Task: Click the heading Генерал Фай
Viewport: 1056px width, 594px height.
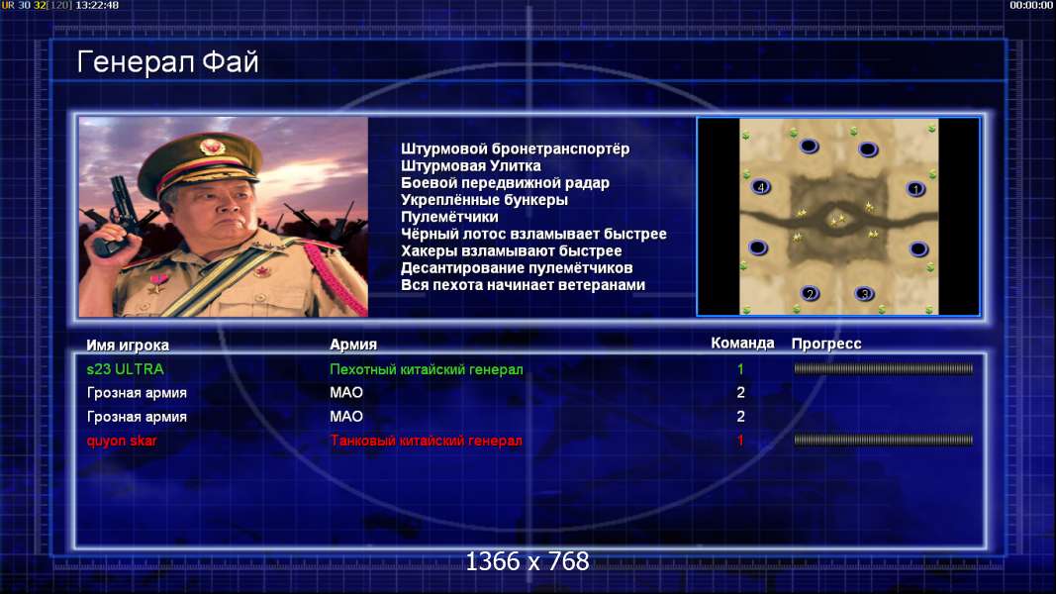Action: point(167,62)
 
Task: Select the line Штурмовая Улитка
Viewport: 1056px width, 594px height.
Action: point(471,165)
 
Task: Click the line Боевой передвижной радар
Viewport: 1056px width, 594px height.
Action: point(505,183)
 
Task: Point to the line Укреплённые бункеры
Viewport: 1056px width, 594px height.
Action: point(484,200)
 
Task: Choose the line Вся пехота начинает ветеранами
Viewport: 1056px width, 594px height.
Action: point(524,285)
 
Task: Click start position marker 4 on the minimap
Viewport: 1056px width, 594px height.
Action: point(761,187)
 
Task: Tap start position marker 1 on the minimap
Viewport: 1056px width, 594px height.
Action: point(915,189)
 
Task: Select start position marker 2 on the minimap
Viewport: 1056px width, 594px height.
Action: point(810,293)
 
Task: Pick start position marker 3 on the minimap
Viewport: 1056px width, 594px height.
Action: point(864,294)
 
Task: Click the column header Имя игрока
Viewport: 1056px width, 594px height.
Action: point(128,345)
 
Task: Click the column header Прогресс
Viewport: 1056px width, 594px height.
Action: point(826,344)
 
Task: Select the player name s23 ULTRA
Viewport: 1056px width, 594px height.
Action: point(126,369)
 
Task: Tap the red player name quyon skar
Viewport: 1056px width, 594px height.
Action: point(121,441)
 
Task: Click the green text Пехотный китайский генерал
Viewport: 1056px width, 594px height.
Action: point(427,369)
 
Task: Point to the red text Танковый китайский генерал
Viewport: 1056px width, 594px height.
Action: point(426,441)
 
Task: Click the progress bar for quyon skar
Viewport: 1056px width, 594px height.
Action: point(884,440)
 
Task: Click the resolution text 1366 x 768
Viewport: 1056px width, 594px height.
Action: point(528,561)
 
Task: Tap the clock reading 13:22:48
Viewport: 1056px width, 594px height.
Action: point(97,5)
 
